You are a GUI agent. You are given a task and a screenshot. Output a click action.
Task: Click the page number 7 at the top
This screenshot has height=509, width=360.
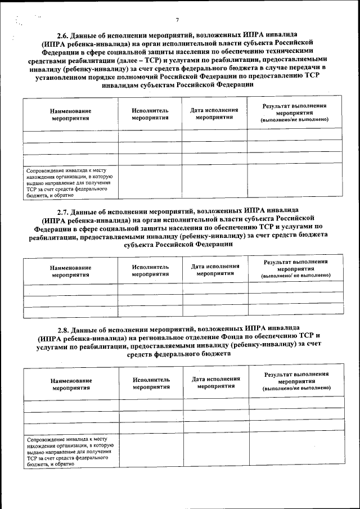(177, 20)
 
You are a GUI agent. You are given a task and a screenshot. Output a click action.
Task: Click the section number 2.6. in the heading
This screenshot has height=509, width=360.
(64, 34)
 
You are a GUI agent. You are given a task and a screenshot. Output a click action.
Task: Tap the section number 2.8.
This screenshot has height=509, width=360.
(65, 328)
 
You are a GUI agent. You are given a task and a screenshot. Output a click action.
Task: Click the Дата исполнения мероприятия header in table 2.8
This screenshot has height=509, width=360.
(216, 383)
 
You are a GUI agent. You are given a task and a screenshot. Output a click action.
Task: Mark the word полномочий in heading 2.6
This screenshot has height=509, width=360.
(157, 78)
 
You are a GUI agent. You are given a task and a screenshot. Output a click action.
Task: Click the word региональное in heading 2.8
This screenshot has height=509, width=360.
(158, 339)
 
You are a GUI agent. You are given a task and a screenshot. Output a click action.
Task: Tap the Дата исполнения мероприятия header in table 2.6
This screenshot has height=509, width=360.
(214, 114)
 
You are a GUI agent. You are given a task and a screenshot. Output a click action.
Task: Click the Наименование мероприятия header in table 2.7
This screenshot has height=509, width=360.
(70, 272)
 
